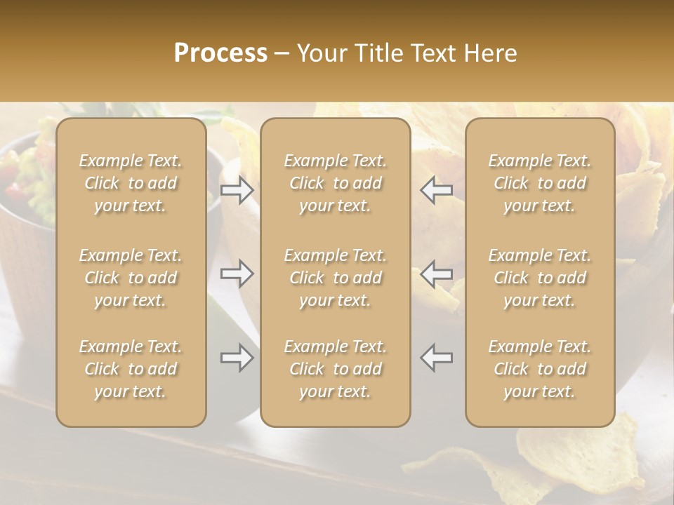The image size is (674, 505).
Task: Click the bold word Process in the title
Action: [220, 53]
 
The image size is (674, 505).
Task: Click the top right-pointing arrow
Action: [237, 190]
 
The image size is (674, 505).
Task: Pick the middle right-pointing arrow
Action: [237, 273]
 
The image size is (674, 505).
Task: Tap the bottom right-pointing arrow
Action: [237, 358]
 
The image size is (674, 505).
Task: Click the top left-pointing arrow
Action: [437, 190]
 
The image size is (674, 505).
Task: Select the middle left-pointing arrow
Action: [437, 273]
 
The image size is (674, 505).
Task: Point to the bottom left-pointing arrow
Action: [437, 358]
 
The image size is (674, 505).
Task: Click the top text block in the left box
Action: [131, 183]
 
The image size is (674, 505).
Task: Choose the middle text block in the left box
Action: [131, 278]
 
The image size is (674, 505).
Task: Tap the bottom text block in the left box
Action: [131, 369]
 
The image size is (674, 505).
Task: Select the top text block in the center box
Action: [336, 183]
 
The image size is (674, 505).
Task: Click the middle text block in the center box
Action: [336, 278]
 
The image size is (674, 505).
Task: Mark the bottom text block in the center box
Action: [336, 369]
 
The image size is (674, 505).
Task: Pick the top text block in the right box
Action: [540, 183]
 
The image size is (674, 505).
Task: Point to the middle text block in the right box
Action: [540, 278]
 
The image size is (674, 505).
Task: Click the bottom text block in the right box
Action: [540, 369]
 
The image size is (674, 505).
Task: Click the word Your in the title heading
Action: [320, 53]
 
